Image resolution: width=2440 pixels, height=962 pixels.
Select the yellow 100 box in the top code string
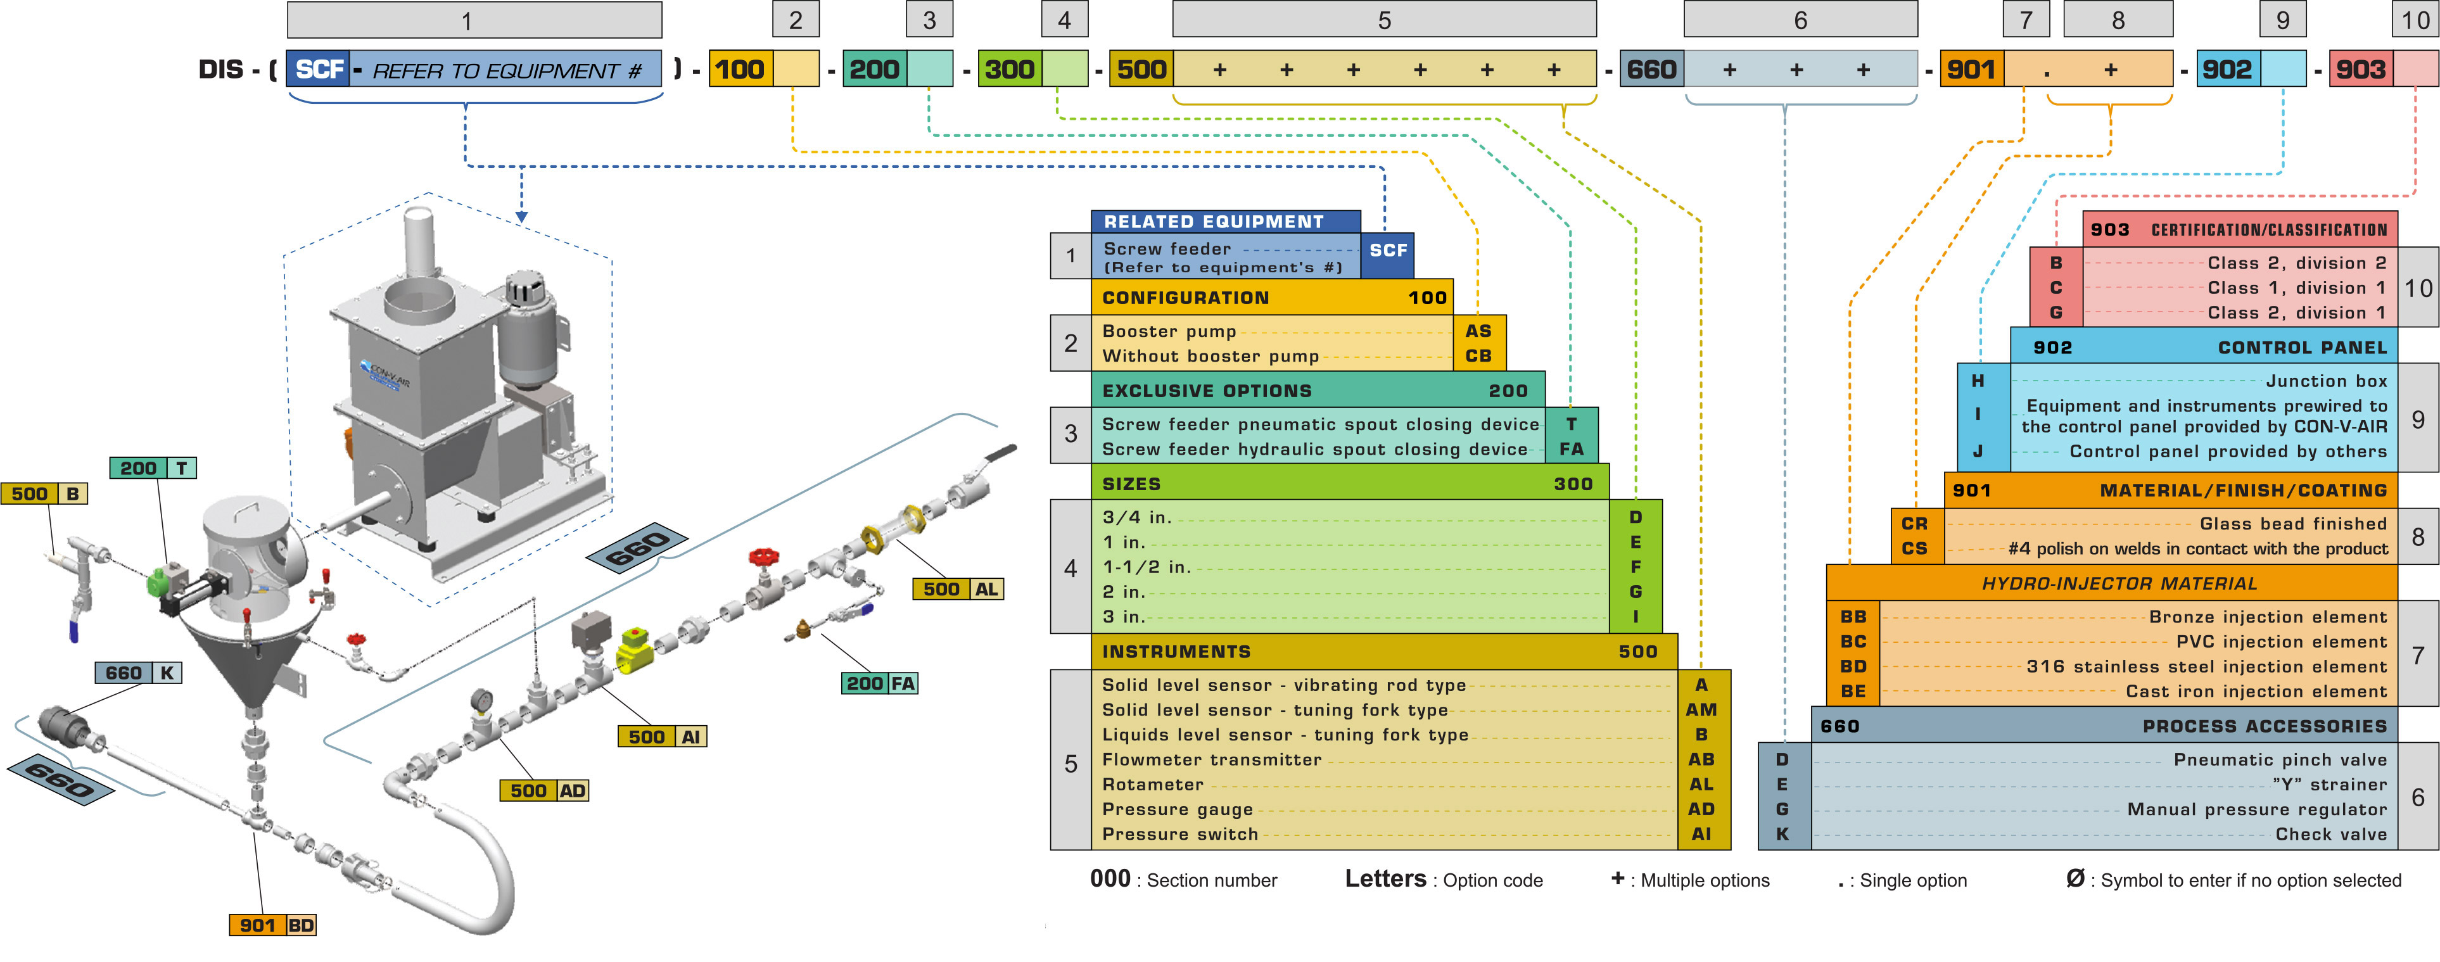pyautogui.click(x=740, y=69)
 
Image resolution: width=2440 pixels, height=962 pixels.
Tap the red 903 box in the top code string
pyautogui.click(x=2360, y=69)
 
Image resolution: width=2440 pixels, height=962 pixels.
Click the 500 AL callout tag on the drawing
pyautogui.click(x=956, y=589)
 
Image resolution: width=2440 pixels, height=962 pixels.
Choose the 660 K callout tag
pyautogui.click(x=138, y=673)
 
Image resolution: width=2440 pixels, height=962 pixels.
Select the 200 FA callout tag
pyautogui.click(x=880, y=683)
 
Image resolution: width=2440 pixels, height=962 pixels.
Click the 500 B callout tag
pyautogui.click(x=44, y=493)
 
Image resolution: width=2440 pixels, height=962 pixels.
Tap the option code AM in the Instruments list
pyautogui.click(x=1701, y=709)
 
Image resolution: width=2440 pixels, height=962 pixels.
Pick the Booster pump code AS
pyautogui.click(x=1478, y=331)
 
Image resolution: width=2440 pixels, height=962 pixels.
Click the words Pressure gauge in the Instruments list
pyautogui.click(x=1178, y=809)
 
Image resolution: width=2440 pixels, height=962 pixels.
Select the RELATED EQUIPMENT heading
pyautogui.click(x=1214, y=222)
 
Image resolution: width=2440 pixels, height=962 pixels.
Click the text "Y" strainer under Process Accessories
pyautogui.click(x=2329, y=785)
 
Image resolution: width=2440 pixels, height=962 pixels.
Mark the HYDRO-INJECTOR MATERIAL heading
pyautogui.click(x=2119, y=583)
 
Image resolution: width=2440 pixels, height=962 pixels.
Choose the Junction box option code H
pyautogui.click(x=1978, y=381)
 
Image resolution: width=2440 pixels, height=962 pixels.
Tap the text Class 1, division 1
pyautogui.click(x=2296, y=288)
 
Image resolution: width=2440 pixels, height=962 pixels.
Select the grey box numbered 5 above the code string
pyautogui.click(x=1384, y=20)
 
